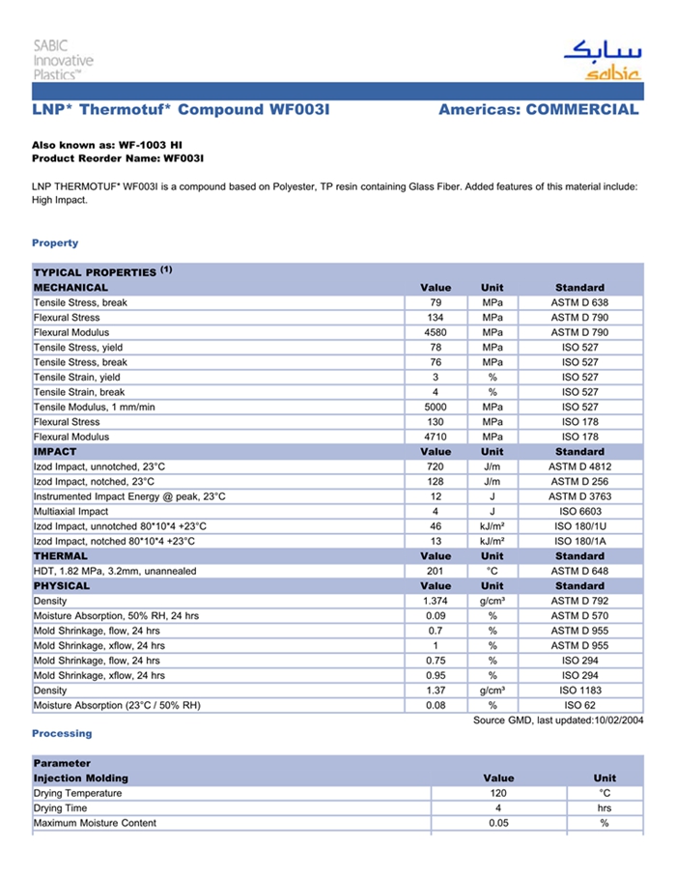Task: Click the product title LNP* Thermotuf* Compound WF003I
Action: coord(181,109)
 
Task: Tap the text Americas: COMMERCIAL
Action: coord(538,109)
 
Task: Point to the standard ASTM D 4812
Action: coord(579,466)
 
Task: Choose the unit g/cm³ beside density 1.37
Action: coord(492,691)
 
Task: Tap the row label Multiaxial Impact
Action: coord(74,511)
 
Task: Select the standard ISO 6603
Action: coord(579,511)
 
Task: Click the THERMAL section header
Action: coord(61,556)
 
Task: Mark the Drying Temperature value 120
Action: coord(498,793)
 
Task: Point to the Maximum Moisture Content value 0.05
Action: coord(498,823)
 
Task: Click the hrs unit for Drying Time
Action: coord(605,807)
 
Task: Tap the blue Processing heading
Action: coord(62,734)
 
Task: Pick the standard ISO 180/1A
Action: coord(579,541)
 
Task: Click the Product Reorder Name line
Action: coord(118,157)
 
